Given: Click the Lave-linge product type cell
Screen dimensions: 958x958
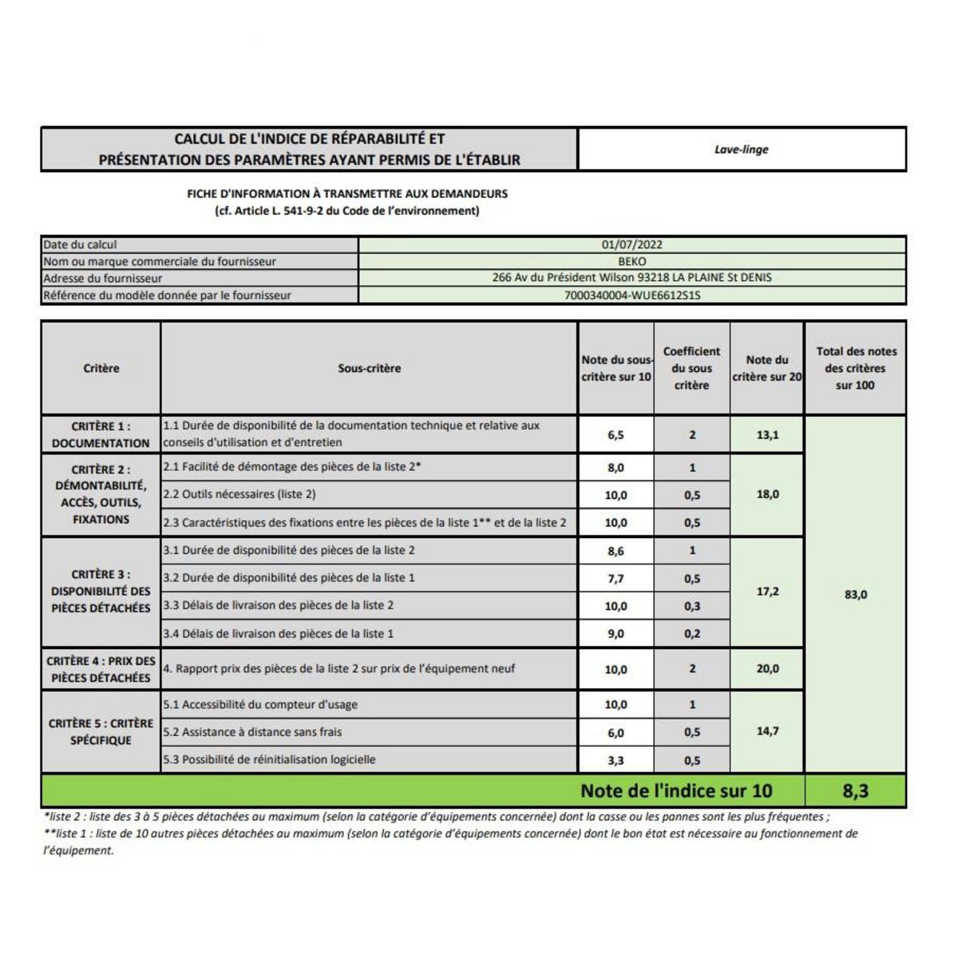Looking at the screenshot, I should (x=741, y=149).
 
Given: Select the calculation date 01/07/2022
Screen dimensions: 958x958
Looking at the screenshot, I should (x=632, y=245).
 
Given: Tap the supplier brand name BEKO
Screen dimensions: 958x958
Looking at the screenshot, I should (x=632, y=261).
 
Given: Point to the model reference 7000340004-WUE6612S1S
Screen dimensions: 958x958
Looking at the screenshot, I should (x=632, y=295).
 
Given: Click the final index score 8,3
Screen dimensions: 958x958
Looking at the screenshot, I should (x=855, y=791).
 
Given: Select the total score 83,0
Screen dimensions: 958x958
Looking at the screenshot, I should (x=855, y=595).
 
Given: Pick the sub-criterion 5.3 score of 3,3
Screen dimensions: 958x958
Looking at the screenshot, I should (x=616, y=761).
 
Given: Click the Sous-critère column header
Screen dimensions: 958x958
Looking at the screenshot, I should (x=369, y=369).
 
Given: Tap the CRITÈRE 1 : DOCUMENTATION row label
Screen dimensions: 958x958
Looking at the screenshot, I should (x=101, y=435).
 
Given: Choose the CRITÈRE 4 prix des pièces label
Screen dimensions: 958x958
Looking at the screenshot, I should (x=101, y=670).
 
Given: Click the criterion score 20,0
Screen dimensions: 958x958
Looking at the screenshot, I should (x=767, y=670).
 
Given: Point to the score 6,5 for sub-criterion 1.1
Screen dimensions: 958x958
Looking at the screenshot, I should (x=616, y=436).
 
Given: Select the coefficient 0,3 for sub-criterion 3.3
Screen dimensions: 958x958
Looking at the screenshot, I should (x=691, y=607).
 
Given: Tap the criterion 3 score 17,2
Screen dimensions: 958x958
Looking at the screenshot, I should (x=767, y=592).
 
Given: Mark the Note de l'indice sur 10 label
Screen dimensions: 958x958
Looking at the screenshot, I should (x=676, y=791).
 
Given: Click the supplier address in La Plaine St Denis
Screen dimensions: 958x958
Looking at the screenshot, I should (x=632, y=279).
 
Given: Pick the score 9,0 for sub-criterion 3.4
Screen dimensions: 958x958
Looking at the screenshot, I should (x=616, y=635).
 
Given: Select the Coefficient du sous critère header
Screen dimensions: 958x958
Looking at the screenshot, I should (x=691, y=368).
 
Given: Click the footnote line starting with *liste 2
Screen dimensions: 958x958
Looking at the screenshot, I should (x=435, y=817).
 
